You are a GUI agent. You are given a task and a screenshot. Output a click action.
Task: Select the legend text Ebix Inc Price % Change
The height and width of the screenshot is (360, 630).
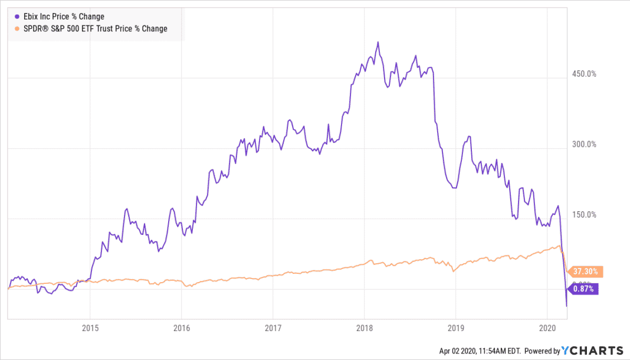pyautogui.click(x=63, y=17)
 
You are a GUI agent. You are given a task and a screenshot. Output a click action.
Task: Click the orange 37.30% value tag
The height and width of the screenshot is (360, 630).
pyautogui.click(x=585, y=271)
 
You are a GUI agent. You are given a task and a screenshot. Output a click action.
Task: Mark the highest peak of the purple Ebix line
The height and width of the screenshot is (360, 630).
pyautogui.click(x=378, y=42)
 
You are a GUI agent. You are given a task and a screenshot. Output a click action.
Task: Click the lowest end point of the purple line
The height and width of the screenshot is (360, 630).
pyautogui.click(x=567, y=306)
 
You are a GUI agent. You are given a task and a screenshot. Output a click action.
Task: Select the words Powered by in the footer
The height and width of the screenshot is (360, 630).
pyautogui.click(x=541, y=351)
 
